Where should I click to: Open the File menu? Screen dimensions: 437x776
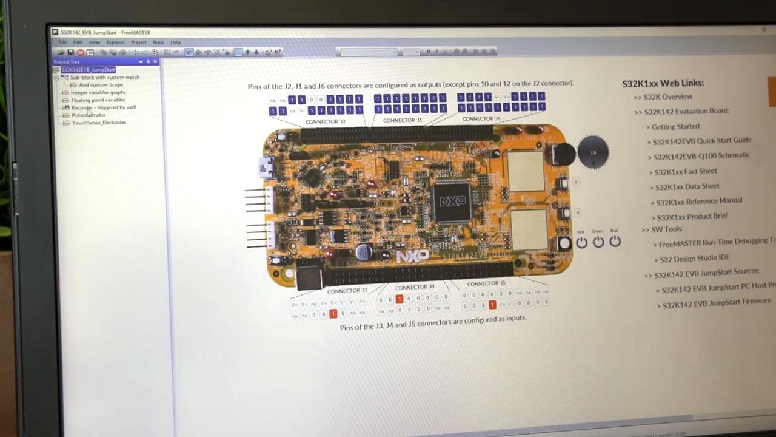62,42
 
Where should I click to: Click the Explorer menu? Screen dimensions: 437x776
115,42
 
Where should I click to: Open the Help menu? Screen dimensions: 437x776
175,42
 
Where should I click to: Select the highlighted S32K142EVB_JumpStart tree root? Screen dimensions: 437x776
88,70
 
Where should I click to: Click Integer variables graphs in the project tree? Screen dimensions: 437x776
98,92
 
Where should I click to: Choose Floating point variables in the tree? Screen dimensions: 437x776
98,100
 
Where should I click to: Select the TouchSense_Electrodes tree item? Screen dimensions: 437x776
99,123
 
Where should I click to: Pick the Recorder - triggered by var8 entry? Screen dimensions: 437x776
104,107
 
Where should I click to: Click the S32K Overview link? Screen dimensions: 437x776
667,97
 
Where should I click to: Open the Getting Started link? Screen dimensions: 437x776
675,126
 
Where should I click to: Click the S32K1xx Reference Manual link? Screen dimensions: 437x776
699,201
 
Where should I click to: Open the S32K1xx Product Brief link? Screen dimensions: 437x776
692,216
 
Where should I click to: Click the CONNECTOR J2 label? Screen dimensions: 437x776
326,121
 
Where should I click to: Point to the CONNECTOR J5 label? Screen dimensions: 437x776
486,283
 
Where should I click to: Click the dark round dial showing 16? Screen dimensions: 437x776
593,152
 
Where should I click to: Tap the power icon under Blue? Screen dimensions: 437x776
615,242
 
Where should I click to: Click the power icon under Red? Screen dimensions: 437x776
581,242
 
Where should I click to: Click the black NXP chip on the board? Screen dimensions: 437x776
452,201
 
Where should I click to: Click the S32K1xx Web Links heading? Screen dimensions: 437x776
663,83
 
